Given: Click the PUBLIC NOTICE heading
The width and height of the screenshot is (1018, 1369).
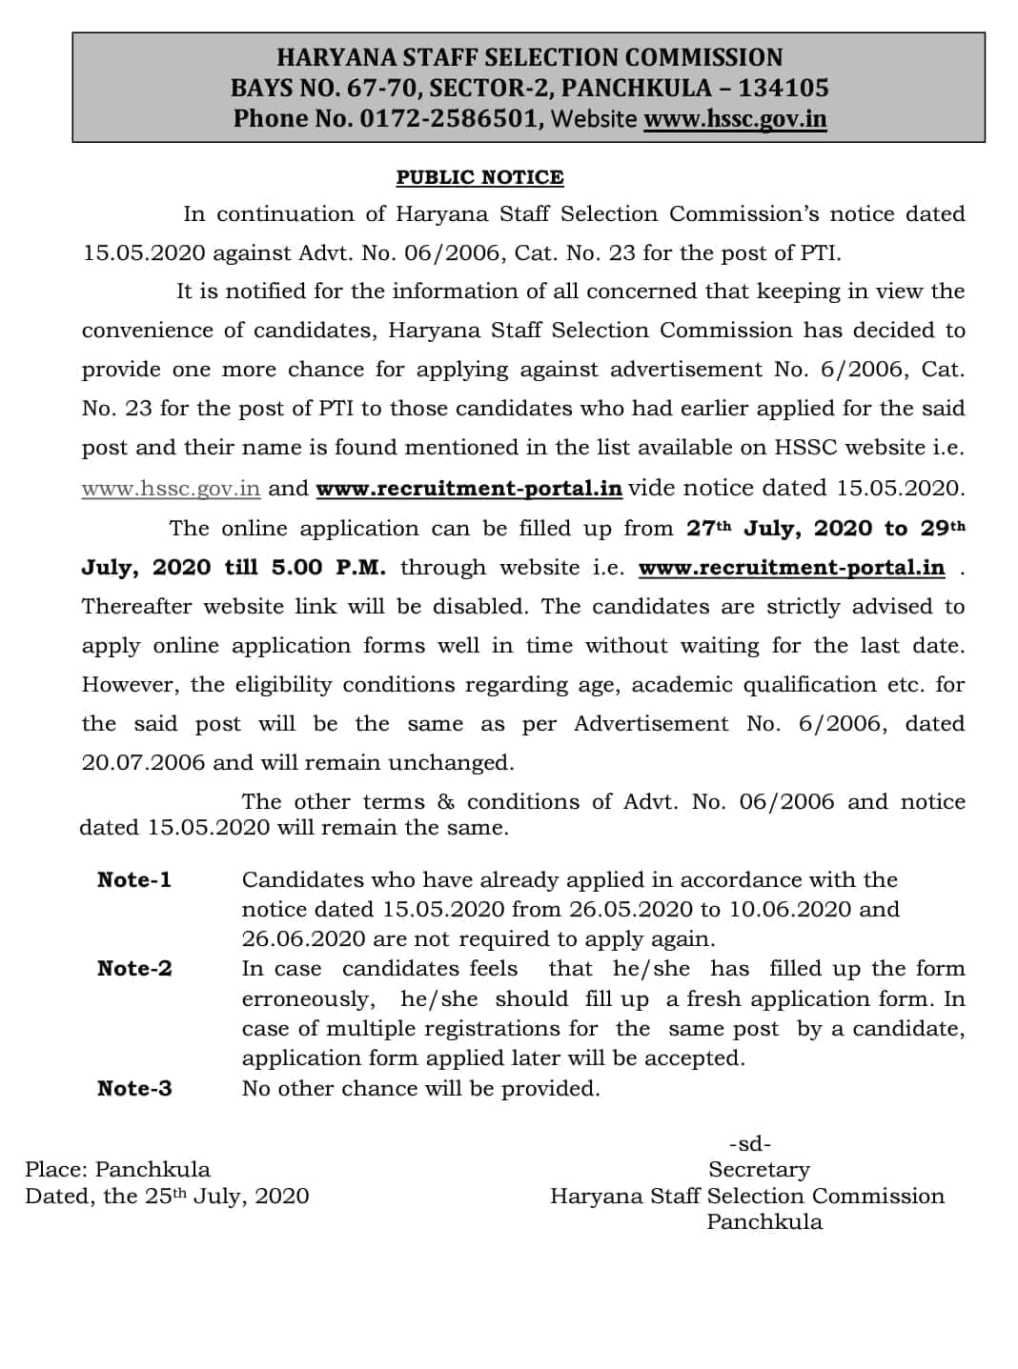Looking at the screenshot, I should click(x=479, y=177).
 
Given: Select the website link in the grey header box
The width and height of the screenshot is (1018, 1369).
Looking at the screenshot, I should click(x=735, y=119).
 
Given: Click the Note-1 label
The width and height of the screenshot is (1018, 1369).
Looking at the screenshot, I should click(x=134, y=879).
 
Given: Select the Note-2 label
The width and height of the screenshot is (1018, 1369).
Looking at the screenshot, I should click(x=134, y=969).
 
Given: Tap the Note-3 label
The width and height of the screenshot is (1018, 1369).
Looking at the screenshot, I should click(x=134, y=1088).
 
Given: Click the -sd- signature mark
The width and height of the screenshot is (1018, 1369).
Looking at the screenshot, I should click(x=750, y=1143).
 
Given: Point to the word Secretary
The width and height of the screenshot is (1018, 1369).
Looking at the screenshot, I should click(x=759, y=1169).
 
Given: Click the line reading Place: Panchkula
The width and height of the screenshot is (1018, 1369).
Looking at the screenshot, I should click(x=117, y=1169).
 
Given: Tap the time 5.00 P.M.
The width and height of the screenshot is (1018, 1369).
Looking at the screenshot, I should click(x=329, y=568).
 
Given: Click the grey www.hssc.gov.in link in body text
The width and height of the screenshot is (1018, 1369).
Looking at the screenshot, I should click(x=171, y=489).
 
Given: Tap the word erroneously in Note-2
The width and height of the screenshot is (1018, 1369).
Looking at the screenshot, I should click(x=306, y=999).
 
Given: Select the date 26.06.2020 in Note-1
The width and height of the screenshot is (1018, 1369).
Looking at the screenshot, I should click(x=303, y=939).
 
